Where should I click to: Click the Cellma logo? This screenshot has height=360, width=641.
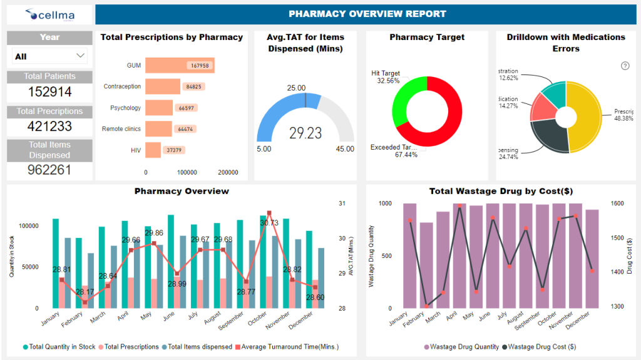click(x=49, y=14)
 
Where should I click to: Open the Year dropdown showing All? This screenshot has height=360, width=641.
click(x=49, y=56)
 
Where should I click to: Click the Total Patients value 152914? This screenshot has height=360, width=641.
click(x=49, y=92)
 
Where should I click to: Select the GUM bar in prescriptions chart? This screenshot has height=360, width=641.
click(x=180, y=65)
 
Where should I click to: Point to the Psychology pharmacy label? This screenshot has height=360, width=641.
click(x=125, y=108)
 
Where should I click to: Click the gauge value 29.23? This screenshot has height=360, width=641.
click(x=305, y=133)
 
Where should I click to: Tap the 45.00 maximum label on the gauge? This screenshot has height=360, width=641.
click(x=345, y=149)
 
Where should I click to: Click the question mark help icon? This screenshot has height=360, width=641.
click(x=625, y=66)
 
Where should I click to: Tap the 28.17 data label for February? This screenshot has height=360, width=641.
click(x=85, y=292)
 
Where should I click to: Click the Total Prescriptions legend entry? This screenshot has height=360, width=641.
click(x=128, y=346)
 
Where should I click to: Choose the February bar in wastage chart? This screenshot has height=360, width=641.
click(x=426, y=265)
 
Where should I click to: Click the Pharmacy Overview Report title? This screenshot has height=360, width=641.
click(x=367, y=14)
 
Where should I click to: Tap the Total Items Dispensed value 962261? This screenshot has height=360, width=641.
click(x=49, y=170)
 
